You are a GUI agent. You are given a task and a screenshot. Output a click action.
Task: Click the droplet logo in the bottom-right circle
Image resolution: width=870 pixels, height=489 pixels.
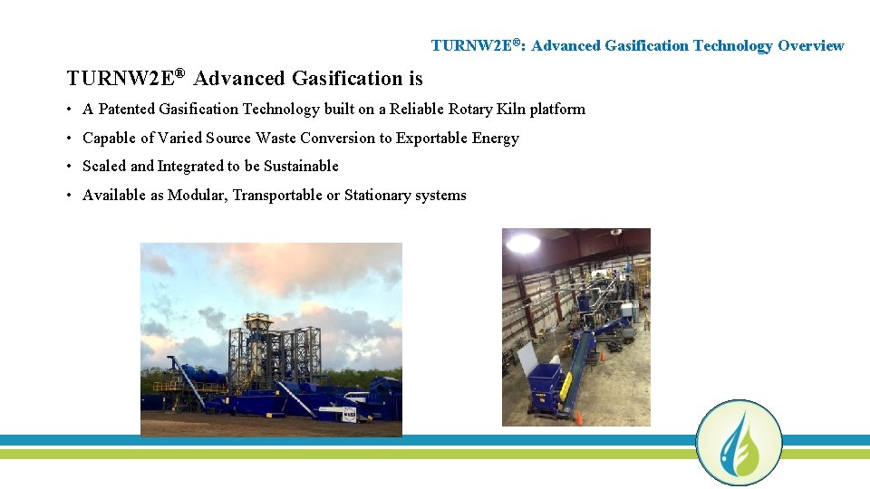[739, 443]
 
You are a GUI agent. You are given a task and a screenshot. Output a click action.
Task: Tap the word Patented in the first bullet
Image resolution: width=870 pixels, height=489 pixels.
[126, 110]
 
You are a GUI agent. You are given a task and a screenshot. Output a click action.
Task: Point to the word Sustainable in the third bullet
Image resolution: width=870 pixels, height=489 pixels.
[301, 167]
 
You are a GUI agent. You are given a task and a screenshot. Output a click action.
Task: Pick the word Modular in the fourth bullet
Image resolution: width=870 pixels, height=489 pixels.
[197, 196]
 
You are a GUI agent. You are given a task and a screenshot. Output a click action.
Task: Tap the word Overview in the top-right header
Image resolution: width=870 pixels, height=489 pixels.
[810, 45]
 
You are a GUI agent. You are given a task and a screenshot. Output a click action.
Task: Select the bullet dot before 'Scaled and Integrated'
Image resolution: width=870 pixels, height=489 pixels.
[70, 167]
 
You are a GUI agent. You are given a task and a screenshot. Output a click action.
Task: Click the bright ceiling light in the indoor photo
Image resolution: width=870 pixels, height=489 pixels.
[522, 243]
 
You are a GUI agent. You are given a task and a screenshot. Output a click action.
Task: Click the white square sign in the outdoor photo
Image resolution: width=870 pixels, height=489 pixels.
[349, 413]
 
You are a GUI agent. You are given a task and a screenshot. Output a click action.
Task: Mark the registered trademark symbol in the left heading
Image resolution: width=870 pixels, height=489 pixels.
[180, 72]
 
